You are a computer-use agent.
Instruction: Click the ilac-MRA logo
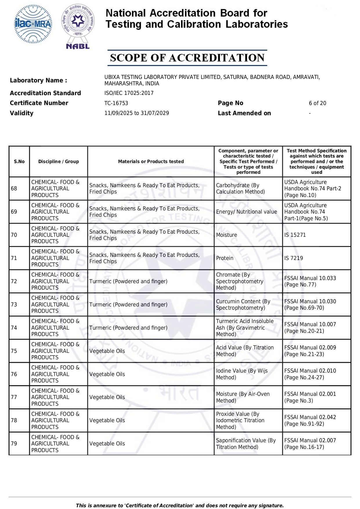pyautogui.click(x=33, y=24)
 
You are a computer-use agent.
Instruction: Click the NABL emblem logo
pyautogui.click(x=78, y=26)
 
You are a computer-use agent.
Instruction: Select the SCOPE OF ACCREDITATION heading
pyautogui.click(x=187, y=58)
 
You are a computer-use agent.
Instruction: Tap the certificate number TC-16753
pyautogui.click(x=116, y=103)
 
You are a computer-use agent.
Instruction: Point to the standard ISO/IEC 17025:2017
pyautogui.click(x=129, y=93)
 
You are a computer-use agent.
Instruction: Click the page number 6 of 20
pyautogui.click(x=317, y=103)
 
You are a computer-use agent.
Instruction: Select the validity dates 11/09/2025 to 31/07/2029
pyautogui.click(x=137, y=113)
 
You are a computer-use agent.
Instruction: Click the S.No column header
pyautogui.click(x=19, y=162)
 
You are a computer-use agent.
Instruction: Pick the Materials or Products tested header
pyautogui.click(x=151, y=162)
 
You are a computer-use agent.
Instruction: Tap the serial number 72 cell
pyautogui.click(x=14, y=281)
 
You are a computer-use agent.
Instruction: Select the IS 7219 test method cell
pyautogui.click(x=294, y=258)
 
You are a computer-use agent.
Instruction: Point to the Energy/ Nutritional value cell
pyautogui.click(x=246, y=212)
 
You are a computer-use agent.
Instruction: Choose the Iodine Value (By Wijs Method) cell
pyautogui.click(x=242, y=374)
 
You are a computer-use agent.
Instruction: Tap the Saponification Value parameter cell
pyautogui.click(x=246, y=444)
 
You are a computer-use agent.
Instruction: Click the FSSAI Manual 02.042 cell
pyautogui.click(x=310, y=420)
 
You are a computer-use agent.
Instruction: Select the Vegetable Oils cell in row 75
pyautogui.click(x=107, y=351)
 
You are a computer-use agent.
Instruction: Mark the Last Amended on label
pyautogui.click(x=244, y=113)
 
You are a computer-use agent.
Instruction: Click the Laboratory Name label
pyautogui.click(x=38, y=80)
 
